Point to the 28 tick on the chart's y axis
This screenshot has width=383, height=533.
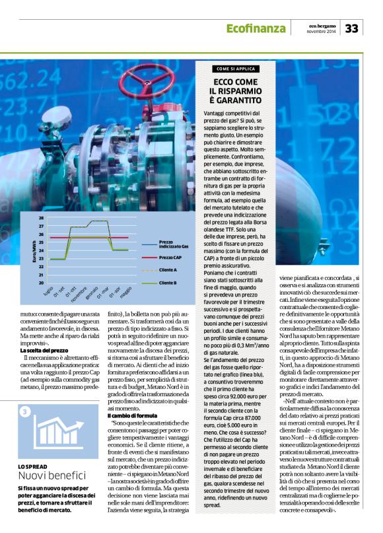pyautogui.click(x=42, y=217)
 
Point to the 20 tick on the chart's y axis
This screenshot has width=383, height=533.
pyautogui.click(x=42, y=283)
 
